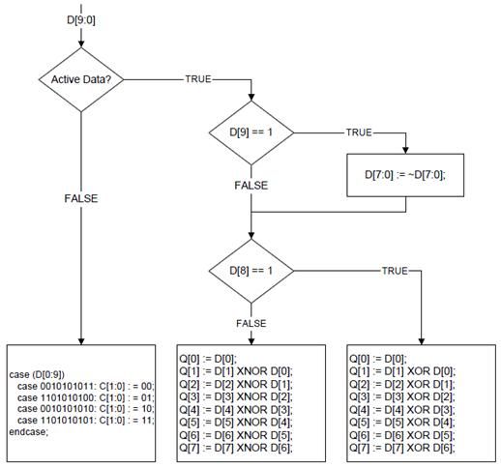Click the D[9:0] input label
pos(81,20)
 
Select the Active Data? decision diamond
pos(81,79)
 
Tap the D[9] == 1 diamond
pos(251,132)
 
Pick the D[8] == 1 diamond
pos(251,271)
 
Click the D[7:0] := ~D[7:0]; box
pos(405,175)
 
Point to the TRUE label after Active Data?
pos(198,79)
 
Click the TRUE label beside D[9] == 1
pos(359,132)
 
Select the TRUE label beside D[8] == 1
pos(395,271)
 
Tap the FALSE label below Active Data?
pos(81,198)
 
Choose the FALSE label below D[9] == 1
pos(251,186)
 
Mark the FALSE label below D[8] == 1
pos(251,323)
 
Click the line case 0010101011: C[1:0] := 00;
pos(86,386)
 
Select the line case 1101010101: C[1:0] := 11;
pos(86,421)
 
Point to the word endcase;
pos(28,432)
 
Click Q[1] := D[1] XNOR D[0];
pos(236,371)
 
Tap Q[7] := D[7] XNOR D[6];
pos(236,448)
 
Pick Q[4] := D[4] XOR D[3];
pos(402,410)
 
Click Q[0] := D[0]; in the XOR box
pos(378,359)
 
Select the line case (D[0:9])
pos(37,375)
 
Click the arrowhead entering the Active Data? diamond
pos(81,44)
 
